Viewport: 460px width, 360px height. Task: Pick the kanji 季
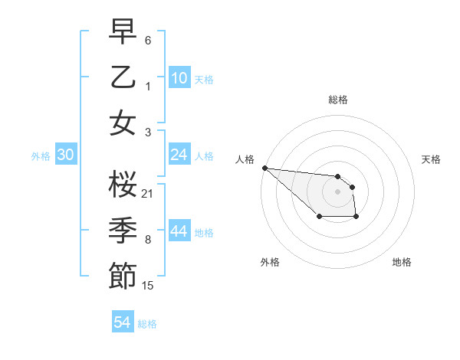pos(123,229)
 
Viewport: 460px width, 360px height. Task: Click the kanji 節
pos(123,276)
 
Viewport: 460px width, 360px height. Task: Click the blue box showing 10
pos(179,78)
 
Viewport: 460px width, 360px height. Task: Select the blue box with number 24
pos(179,155)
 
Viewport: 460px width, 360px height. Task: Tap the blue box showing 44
pos(179,232)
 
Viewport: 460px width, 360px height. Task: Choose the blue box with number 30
pos(66,155)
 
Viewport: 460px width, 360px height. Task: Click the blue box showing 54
pos(123,323)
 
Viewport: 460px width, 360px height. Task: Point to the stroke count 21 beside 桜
pos(148,193)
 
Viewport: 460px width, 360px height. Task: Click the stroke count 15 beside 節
pos(148,286)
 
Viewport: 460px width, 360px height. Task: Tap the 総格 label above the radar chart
pos(337,100)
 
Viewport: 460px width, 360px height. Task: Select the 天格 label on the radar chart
pos(431,159)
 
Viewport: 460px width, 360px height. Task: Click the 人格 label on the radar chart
pos(245,159)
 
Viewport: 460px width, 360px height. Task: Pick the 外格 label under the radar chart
pos(269,262)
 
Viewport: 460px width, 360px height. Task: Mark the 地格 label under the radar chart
pos(402,262)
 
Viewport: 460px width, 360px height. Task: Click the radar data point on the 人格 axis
pos(264,168)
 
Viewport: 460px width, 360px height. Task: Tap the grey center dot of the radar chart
pos(337,191)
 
